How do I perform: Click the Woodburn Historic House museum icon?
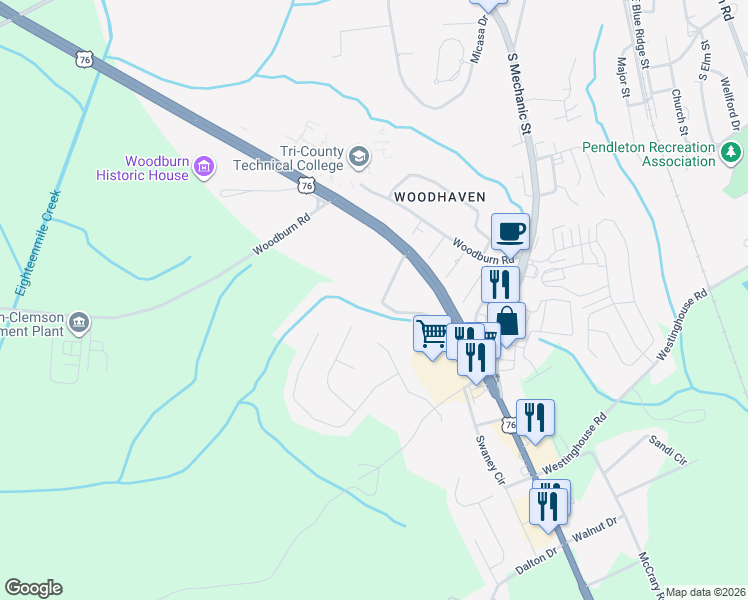(x=204, y=166)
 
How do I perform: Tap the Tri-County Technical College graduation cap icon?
(x=359, y=157)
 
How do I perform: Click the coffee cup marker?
(x=510, y=231)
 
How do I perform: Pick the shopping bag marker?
(x=506, y=322)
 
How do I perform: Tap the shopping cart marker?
(x=433, y=332)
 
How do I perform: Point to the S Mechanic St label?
(x=517, y=96)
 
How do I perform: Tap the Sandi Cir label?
(x=668, y=445)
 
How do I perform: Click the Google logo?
(x=34, y=588)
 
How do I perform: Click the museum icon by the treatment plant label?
(x=79, y=323)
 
